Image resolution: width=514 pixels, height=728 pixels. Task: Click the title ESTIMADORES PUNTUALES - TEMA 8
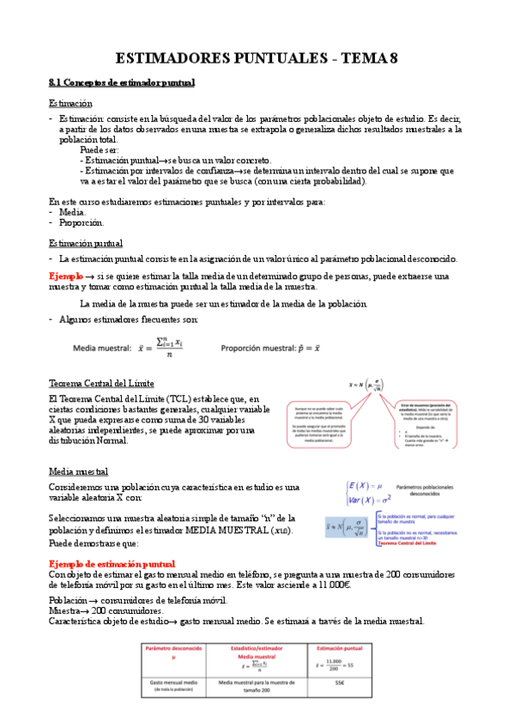click(257, 58)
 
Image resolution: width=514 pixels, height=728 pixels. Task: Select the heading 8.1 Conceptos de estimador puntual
click(122, 82)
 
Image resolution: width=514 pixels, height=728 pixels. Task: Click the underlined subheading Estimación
click(70, 103)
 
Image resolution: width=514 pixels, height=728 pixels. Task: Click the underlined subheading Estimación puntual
click(85, 243)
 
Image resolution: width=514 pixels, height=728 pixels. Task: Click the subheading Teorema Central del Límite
click(101, 383)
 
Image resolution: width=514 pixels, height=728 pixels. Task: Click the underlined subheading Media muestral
click(77, 471)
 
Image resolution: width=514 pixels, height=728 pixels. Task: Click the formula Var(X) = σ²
click(370, 499)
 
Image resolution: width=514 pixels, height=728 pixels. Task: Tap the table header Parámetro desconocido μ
click(172, 654)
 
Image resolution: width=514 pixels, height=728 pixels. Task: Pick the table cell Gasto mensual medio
click(172, 683)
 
